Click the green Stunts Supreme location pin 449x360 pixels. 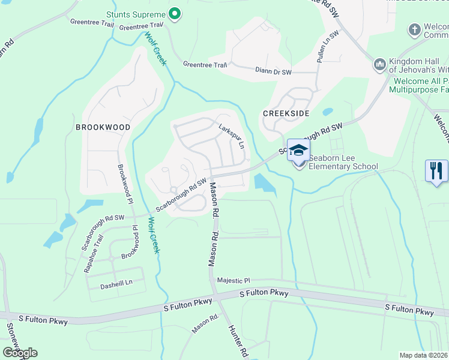[x=175, y=14]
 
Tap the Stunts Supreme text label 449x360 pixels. [x=135, y=14]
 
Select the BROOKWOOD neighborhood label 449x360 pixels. [x=103, y=127]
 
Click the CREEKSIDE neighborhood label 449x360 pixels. [x=282, y=113]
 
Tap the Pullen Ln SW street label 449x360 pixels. [x=329, y=44]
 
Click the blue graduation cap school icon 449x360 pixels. [x=298, y=150]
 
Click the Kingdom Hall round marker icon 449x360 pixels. [x=379, y=64]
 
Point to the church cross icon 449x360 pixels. [x=414, y=29]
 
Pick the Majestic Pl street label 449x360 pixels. [x=233, y=280]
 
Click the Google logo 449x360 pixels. [x=20, y=352]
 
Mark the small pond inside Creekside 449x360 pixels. [x=327, y=112]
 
